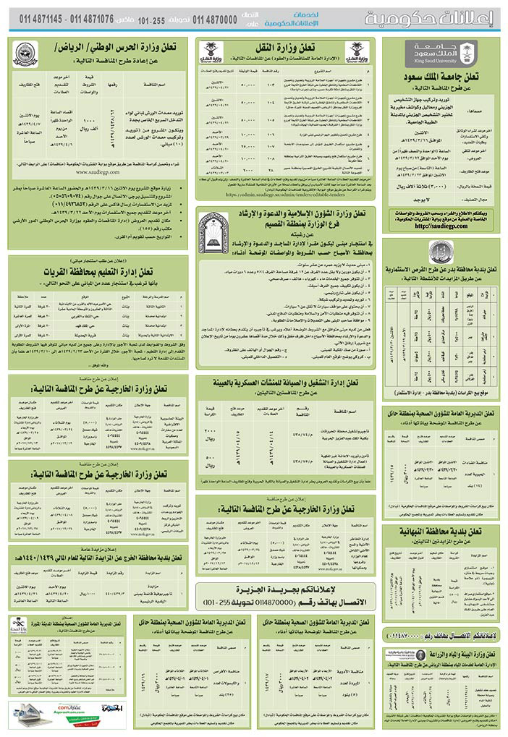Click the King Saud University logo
(x=441, y=54)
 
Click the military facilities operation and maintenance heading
(x=286, y=383)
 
